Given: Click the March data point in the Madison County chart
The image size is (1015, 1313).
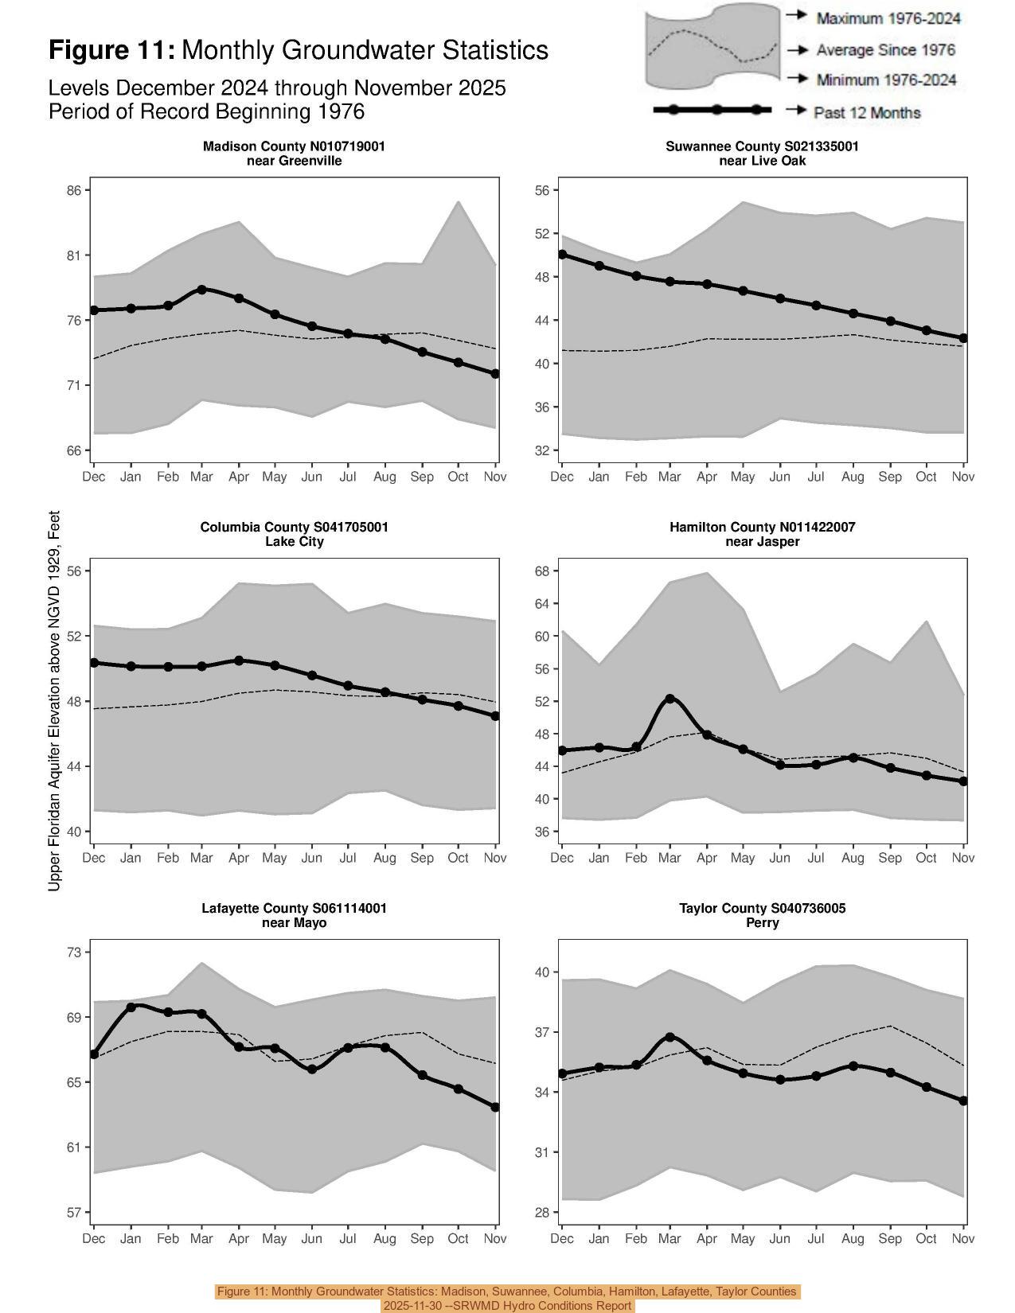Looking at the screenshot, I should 202,290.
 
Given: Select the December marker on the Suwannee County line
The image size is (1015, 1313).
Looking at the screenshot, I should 562,255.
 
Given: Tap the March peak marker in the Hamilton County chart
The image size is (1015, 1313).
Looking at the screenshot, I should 670,699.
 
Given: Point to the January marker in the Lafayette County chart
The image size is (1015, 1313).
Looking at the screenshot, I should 131,1007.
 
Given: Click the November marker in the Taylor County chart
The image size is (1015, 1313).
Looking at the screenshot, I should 963,1101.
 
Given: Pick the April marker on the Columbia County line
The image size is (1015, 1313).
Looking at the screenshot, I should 239,660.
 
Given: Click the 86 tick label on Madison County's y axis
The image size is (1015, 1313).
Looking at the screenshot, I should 74,190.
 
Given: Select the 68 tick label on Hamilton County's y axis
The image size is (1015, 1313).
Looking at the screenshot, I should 542,571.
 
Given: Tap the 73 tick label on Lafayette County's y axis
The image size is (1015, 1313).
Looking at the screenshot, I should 74,952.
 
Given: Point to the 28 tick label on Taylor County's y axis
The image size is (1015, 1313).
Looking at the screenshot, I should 542,1213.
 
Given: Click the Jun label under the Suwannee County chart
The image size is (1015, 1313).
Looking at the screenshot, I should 779,477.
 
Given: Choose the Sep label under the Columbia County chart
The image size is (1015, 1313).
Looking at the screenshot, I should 422,858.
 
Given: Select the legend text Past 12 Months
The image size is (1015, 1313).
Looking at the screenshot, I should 867,113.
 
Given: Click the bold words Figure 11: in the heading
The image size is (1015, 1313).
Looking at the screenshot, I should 111,50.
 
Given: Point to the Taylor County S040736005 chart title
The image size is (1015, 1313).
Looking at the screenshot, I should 762,908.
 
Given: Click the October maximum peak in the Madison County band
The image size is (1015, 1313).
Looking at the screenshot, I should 459,201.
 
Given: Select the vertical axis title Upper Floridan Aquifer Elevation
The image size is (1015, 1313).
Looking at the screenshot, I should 54,700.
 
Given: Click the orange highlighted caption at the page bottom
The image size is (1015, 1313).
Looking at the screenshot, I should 507,1298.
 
